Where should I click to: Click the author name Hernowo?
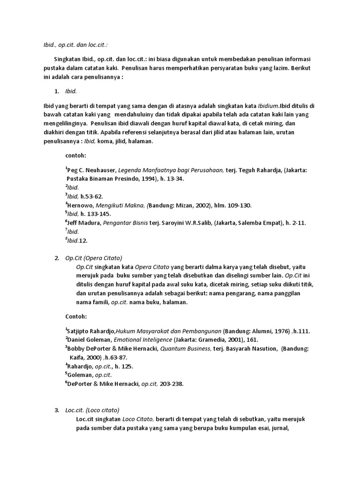[x=81, y=205]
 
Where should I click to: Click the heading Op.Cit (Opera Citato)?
[x=94, y=258]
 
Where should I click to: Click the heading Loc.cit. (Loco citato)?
[x=92, y=410]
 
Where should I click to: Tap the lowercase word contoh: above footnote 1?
[x=75, y=155]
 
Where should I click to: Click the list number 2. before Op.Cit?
[x=57, y=258]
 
